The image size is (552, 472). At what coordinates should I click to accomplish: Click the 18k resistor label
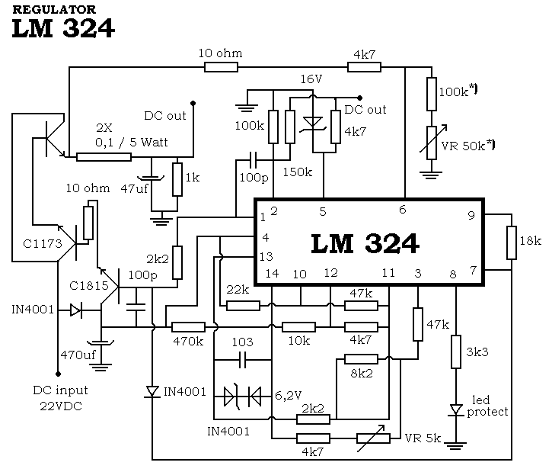[x=530, y=241]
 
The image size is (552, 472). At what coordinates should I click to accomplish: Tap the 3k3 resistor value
[x=477, y=352]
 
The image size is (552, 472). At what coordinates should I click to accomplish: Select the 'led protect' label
[x=490, y=406]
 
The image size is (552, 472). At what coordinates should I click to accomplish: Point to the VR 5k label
[x=423, y=438]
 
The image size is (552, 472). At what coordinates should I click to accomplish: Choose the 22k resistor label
[x=238, y=290]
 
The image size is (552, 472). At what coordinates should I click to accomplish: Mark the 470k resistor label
[x=188, y=342]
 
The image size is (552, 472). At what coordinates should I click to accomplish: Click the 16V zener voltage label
[x=311, y=79]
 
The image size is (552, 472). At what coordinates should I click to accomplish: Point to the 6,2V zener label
[x=289, y=396]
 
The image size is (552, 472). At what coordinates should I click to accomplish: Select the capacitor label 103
[x=243, y=342]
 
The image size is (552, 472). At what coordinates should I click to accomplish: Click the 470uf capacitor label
[x=76, y=355]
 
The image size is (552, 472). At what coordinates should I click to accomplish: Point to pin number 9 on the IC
[x=471, y=215]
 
